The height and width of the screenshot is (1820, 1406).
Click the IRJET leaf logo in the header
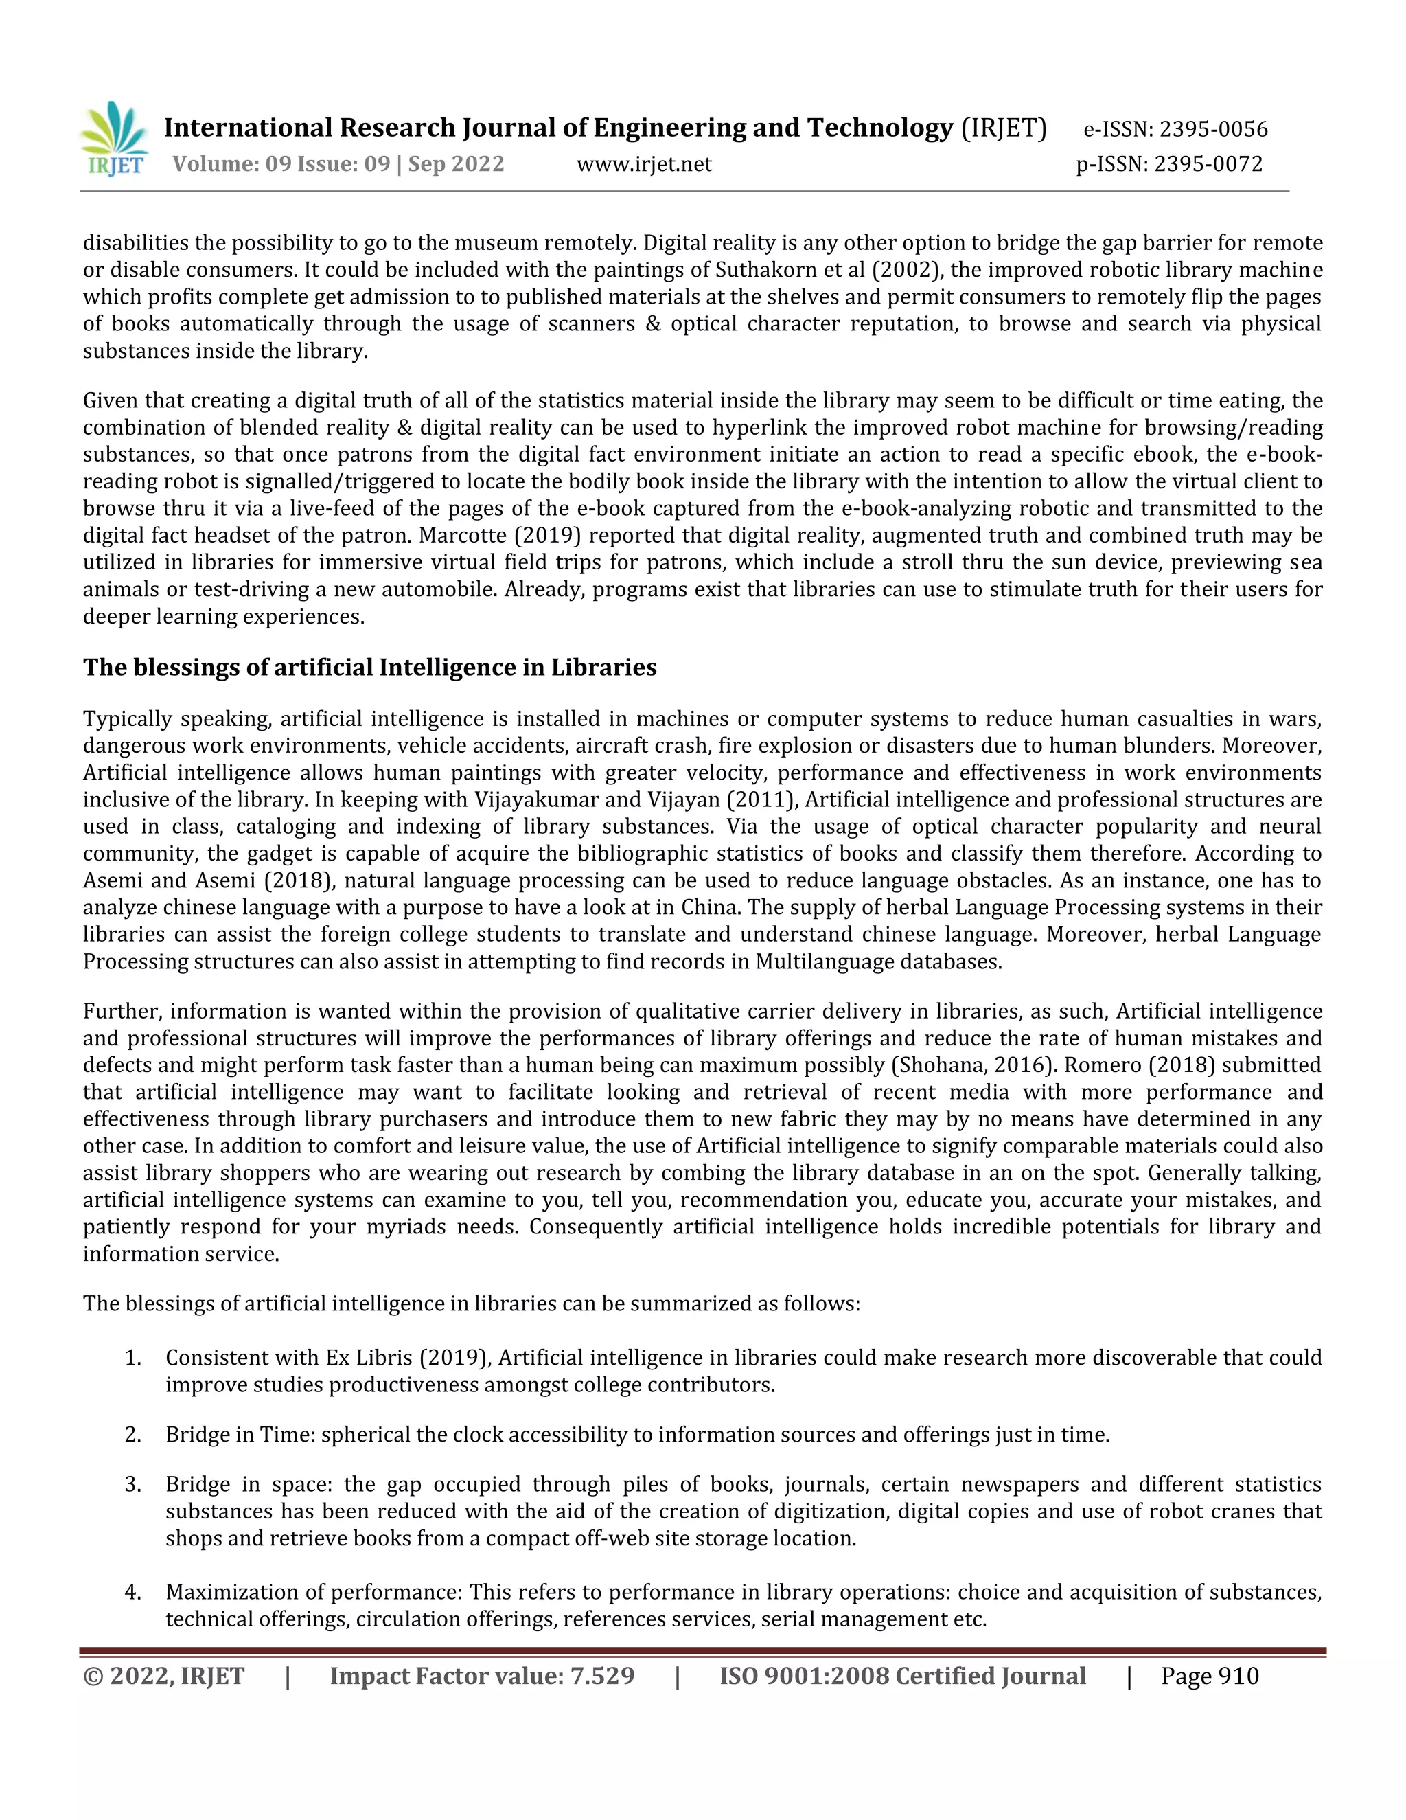pyautogui.click(x=115, y=138)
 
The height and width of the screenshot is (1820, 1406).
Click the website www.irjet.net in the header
pyautogui.click(x=644, y=164)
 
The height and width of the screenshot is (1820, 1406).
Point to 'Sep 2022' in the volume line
pyautogui.click(x=457, y=164)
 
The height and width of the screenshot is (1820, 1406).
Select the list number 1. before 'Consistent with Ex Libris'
pyautogui.click(x=132, y=1358)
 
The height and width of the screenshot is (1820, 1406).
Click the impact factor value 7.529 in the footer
pyautogui.click(x=601, y=1676)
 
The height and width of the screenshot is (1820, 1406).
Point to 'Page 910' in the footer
pyautogui.click(x=1210, y=1676)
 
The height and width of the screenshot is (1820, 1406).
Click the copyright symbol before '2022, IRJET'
pyautogui.click(x=93, y=1676)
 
